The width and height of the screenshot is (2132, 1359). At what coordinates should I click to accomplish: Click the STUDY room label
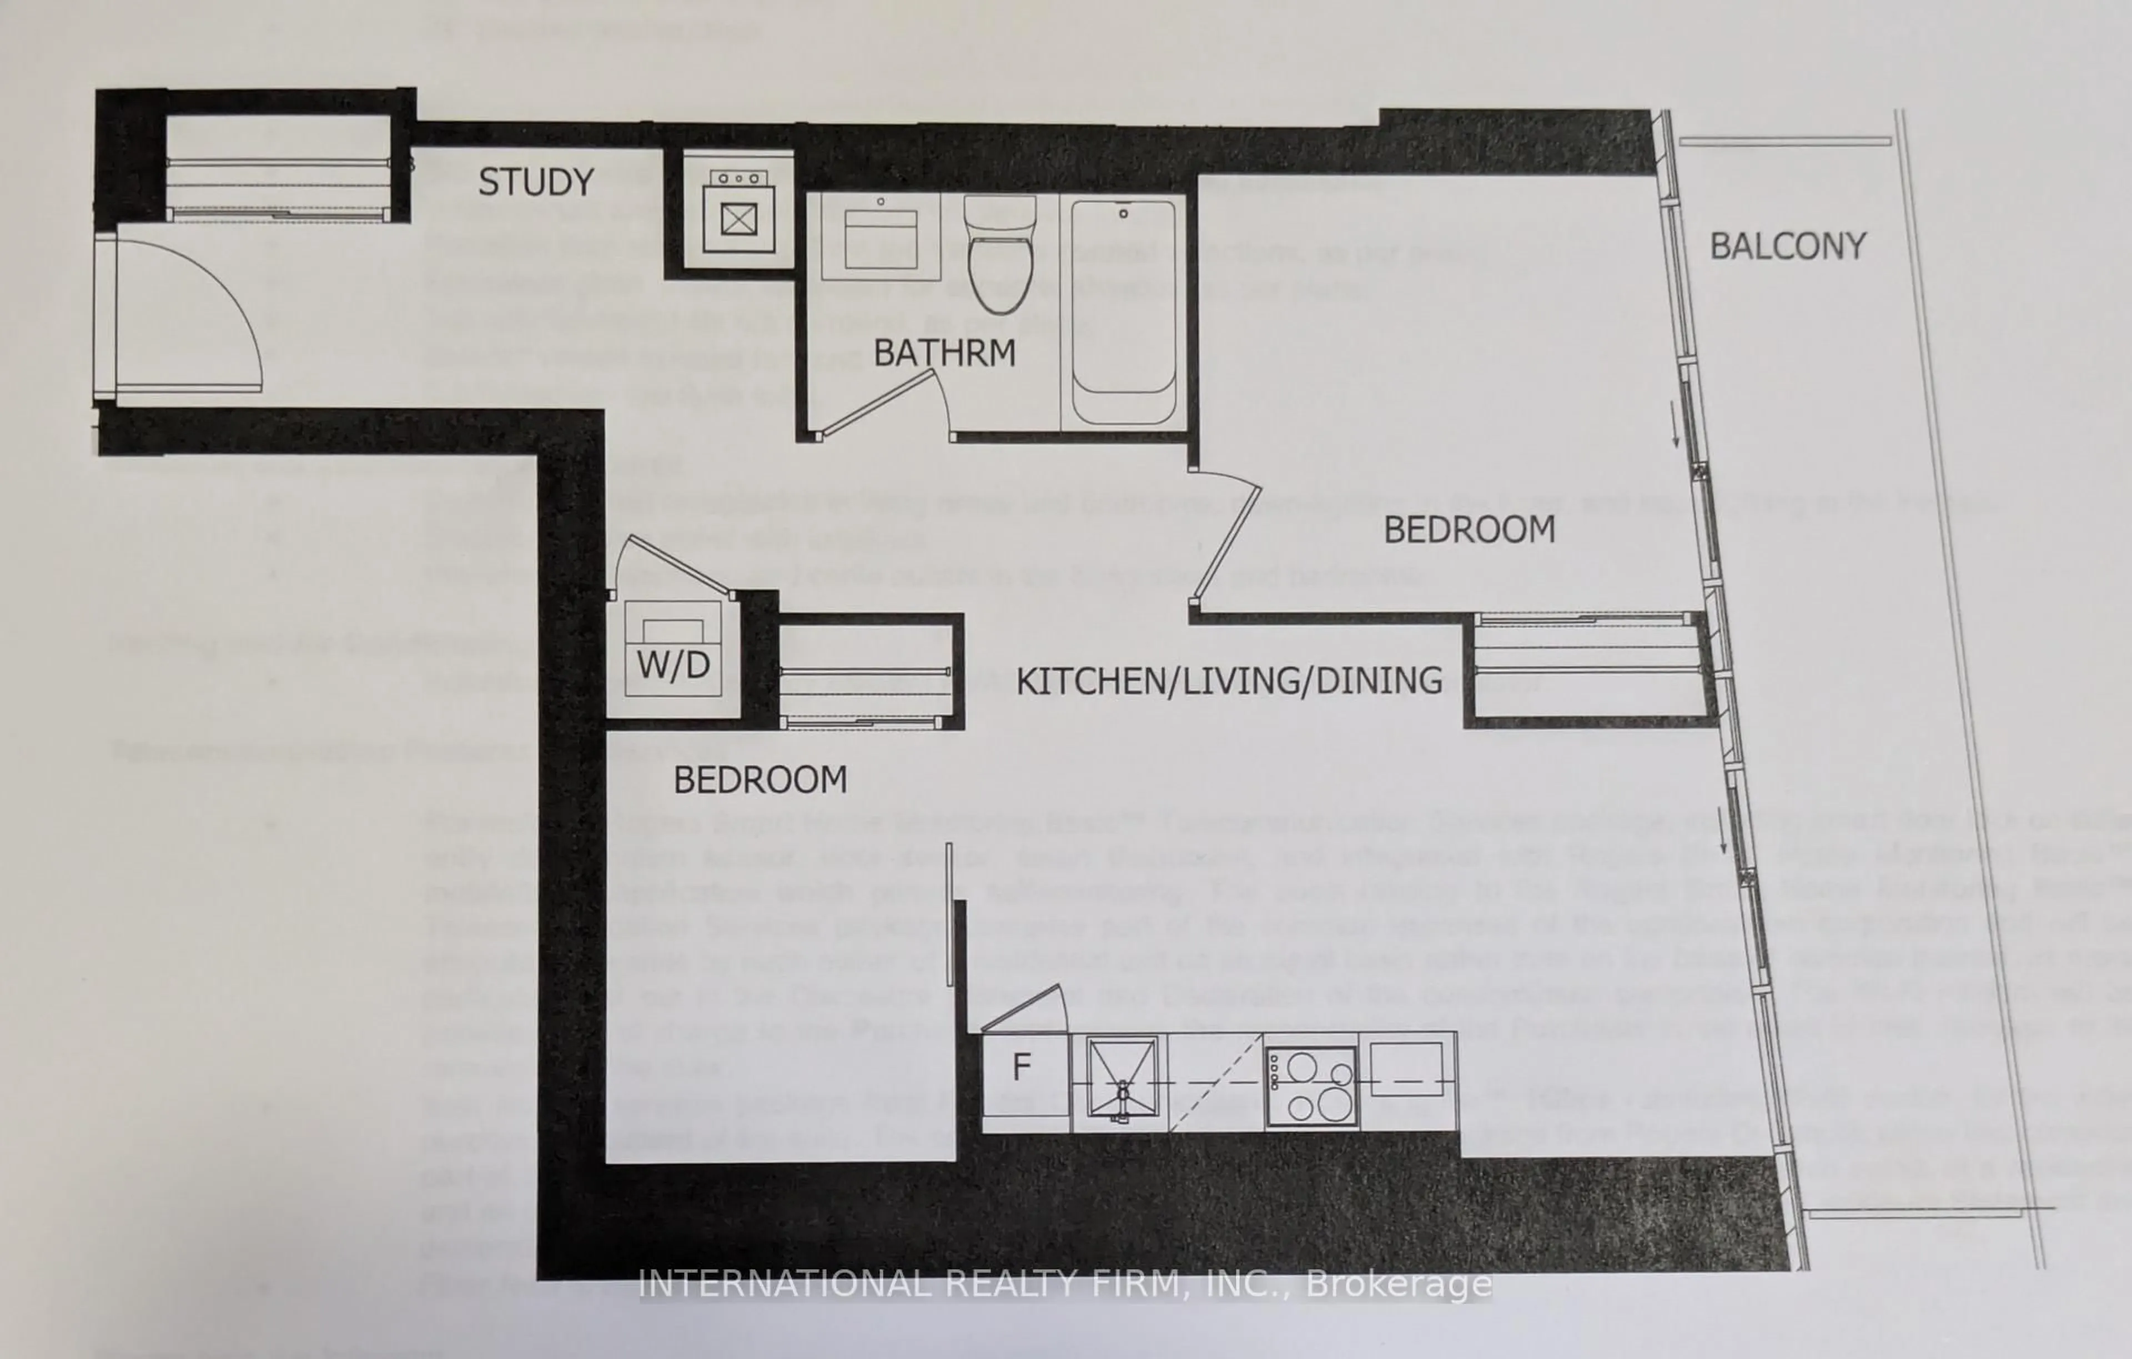click(536, 183)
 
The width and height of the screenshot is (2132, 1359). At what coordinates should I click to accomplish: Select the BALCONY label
click(1788, 246)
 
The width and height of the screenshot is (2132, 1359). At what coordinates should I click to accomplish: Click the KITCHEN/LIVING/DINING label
click(1229, 681)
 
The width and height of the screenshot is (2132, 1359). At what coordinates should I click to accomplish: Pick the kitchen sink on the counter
click(1122, 1081)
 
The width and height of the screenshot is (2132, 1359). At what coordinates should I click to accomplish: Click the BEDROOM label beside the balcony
click(1469, 530)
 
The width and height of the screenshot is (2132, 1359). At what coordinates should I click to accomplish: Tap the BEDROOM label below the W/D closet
click(760, 780)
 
